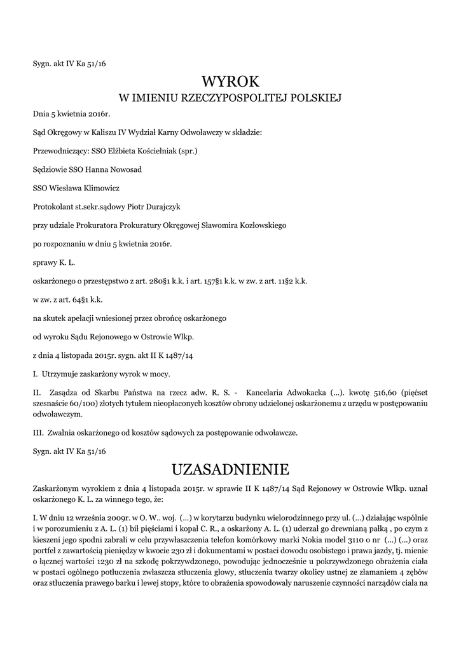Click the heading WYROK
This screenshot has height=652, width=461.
(x=230, y=81)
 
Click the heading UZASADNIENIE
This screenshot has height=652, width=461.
(x=230, y=469)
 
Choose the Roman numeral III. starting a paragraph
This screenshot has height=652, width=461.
(x=38, y=432)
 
